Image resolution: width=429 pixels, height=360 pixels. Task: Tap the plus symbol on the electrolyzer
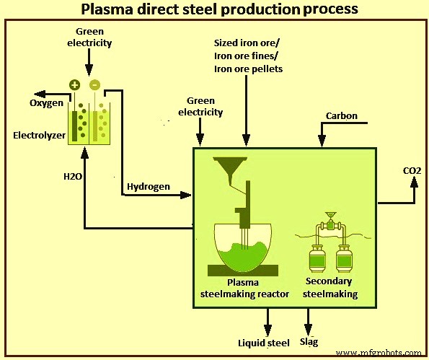pos(74,84)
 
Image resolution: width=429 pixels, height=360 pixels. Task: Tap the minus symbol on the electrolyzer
pos(94,84)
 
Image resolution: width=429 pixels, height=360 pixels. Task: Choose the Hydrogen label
pos(149,187)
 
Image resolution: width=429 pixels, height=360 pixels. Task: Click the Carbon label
pos(341,115)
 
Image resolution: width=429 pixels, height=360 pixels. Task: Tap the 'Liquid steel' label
pos(264,342)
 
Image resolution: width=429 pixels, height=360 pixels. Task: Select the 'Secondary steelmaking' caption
pos(331,288)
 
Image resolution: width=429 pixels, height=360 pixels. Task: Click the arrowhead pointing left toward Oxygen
pos(36,93)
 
